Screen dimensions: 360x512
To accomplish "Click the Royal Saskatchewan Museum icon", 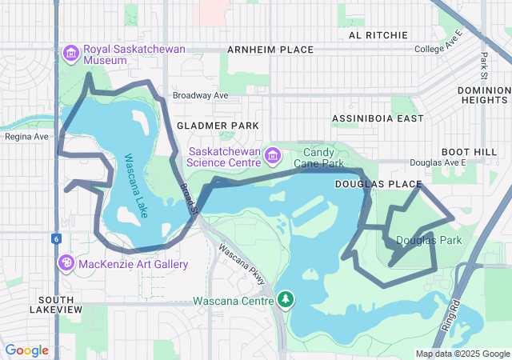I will coord(70,53).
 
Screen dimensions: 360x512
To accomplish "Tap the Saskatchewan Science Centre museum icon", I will coord(274,154).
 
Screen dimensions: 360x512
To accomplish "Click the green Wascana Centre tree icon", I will coord(285,300).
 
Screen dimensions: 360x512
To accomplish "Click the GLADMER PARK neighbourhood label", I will coord(218,126).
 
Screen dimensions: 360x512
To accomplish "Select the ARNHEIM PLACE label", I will coord(270,50).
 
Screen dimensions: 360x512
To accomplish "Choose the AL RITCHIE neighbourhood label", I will coord(378,35).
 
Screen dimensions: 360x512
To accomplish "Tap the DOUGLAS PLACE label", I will coord(378,184).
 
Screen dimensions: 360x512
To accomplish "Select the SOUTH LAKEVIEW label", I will coord(56,303).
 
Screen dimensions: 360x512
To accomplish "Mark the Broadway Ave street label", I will coord(200,94).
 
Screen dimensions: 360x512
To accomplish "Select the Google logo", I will coord(26,350).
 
